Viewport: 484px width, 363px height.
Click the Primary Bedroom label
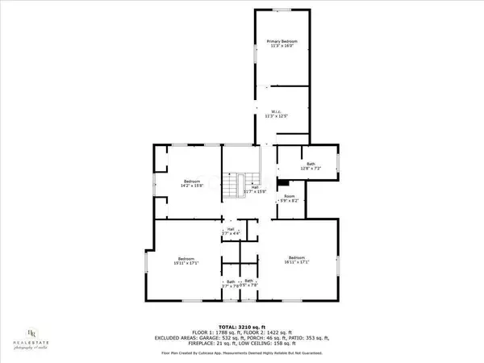coord(282,41)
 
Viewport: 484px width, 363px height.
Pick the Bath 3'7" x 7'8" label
coord(231,283)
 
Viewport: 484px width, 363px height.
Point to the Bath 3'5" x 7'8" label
coord(249,282)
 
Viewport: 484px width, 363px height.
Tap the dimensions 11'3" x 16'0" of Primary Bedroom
coord(282,45)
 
